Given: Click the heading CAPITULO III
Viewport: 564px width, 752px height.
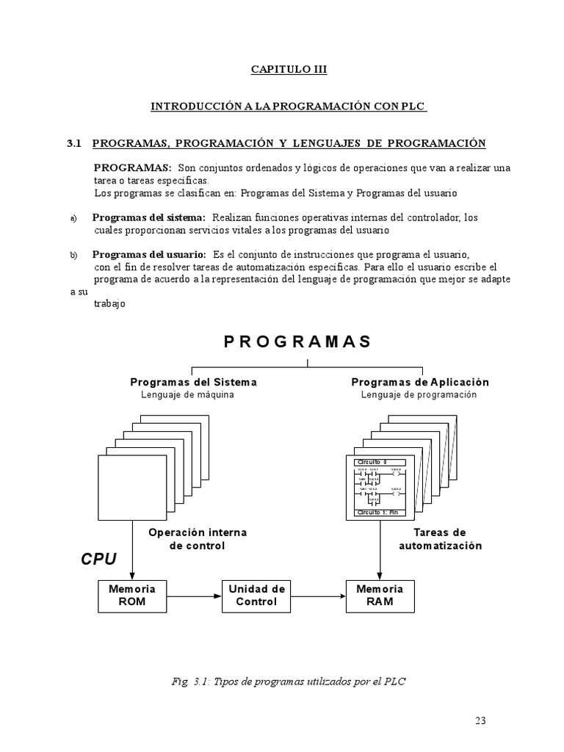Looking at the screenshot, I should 289,70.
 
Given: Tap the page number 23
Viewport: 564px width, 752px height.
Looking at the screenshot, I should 480,720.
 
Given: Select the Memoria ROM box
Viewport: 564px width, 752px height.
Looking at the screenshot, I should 132,595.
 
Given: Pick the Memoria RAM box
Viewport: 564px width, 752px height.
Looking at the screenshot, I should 380,595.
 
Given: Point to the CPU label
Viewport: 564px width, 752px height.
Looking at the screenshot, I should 98,560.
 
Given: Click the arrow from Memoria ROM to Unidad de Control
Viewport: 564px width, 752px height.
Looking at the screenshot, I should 194,596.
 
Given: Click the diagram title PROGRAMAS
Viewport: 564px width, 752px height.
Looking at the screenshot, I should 297,341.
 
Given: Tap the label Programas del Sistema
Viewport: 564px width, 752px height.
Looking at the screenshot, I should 193,382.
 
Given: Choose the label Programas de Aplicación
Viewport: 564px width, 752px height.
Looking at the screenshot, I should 420,382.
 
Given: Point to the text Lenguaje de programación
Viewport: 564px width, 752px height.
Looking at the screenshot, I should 419,394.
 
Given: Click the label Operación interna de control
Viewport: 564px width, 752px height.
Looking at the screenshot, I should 198,539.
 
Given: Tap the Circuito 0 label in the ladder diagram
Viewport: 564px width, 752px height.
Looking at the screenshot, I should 370,462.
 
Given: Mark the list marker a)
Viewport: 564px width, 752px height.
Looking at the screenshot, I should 73,219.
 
